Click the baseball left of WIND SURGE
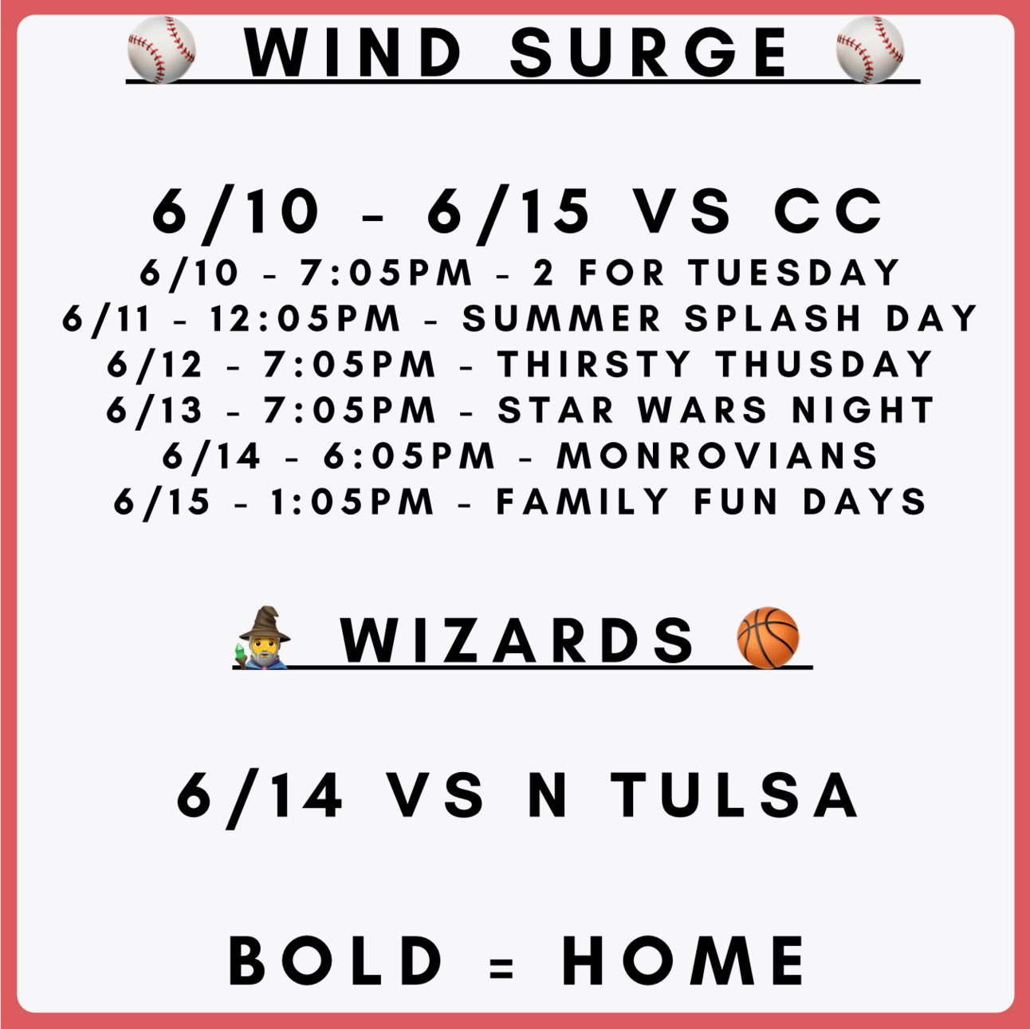tap(161, 49)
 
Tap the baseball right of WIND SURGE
tap(870, 49)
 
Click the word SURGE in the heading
tap(648, 52)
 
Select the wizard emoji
tap(263, 637)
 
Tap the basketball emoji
tap(768, 637)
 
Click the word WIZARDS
tap(517, 641)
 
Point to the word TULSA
tap(735, 795)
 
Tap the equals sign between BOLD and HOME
tap(501, 968)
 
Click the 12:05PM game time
tap(305, 318)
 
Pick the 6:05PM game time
tap(409, 455)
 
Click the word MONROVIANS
tap(717, 455)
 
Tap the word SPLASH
tap(772, 318)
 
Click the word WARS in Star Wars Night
tap(702, 410)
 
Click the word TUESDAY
tap(794, 272)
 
